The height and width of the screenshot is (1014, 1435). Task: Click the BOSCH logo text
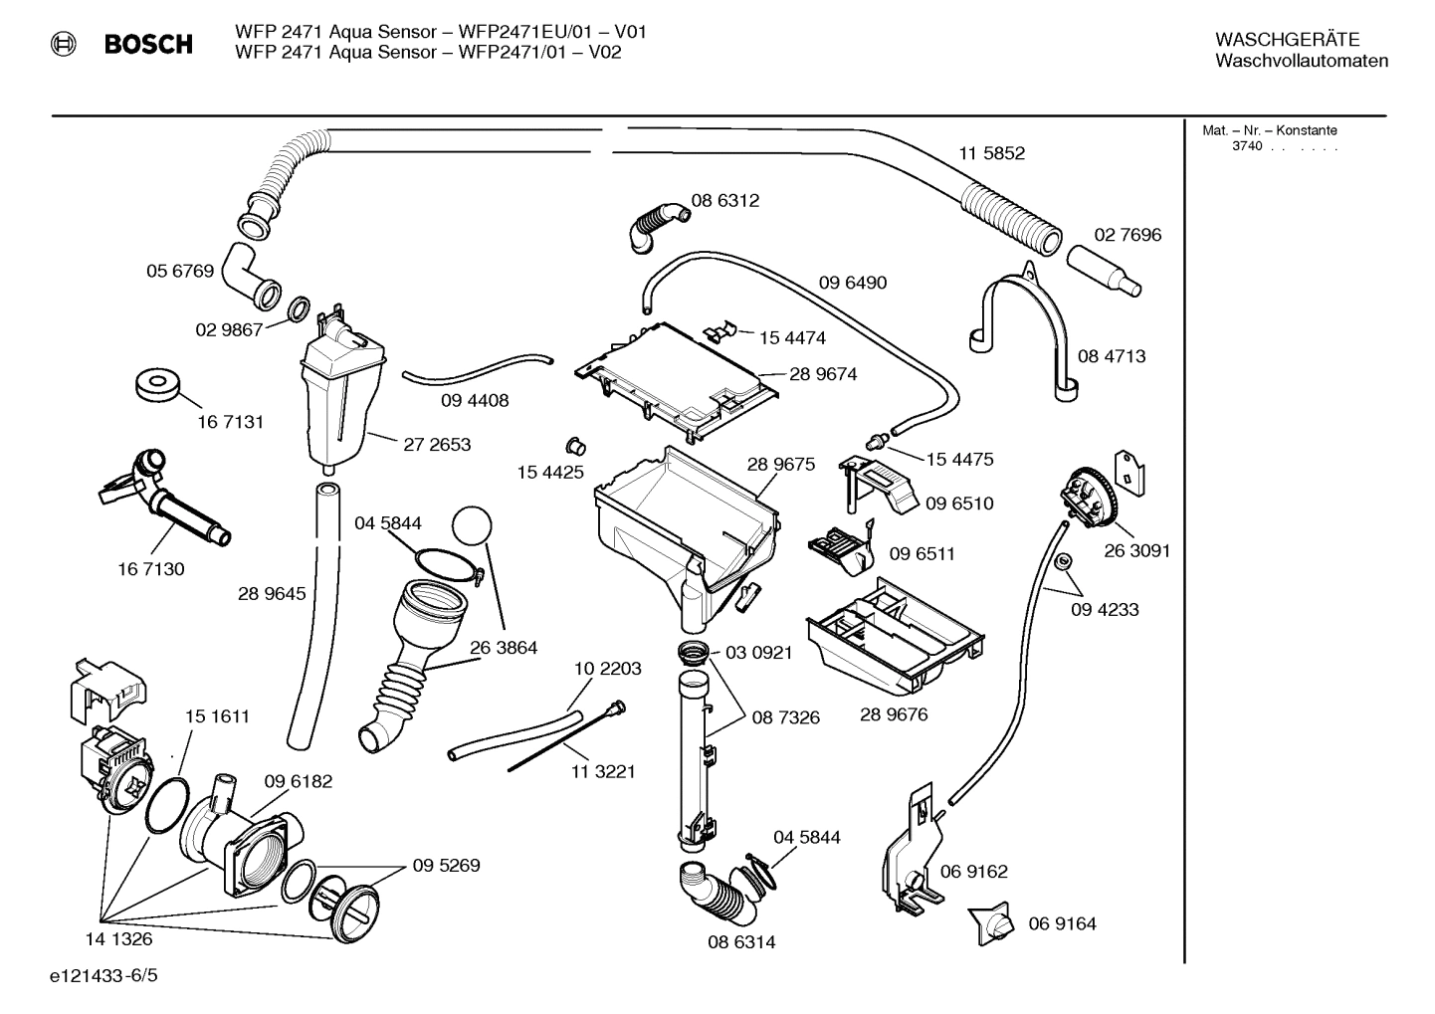(148, 44)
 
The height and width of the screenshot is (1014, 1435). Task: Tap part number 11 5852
(991, 153)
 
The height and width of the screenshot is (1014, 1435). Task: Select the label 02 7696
(1127, 235)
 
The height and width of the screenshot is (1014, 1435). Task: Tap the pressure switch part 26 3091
(1091, 499)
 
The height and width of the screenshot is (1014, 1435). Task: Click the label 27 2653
(437, 445)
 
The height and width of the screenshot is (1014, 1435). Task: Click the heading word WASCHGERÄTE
(1287, 40)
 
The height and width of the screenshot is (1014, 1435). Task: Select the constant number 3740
(1247, 146)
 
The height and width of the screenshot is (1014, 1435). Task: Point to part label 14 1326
(118, 938)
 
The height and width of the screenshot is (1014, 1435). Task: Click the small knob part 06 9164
(992, 923)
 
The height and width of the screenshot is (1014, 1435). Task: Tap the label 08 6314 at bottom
(741, 941)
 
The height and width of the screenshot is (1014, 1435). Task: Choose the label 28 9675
(780, 464)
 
